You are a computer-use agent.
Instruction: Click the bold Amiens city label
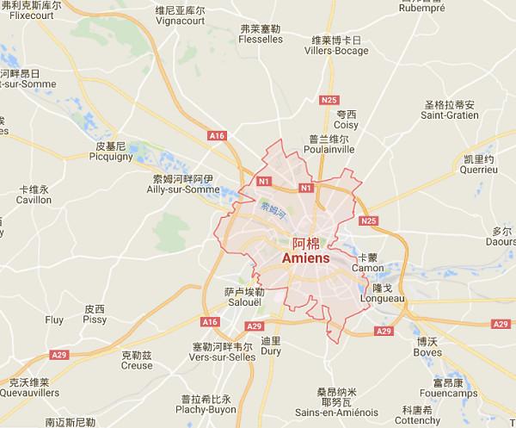tap(304, 257)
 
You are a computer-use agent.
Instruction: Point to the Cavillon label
tap(34, 199)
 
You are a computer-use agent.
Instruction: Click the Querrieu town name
tap(478, 170)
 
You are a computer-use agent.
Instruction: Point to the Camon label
tap(368, 267)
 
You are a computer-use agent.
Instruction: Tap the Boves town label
tap(427, 351)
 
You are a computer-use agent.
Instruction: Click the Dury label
tap(270, 350)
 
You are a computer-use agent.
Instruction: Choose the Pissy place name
tap(95, 319)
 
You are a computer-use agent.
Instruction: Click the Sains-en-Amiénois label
tap(335, 389)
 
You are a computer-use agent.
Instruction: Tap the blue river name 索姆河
tap(272, 208)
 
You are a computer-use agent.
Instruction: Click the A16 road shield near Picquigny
tap(215, 135)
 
